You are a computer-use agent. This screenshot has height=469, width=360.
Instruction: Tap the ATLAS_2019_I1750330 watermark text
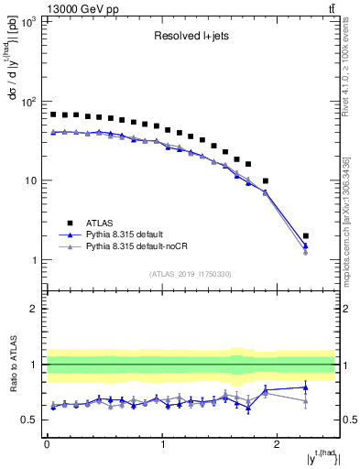click(190, 274)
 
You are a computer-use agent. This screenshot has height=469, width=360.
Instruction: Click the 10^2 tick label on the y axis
click(27, 101)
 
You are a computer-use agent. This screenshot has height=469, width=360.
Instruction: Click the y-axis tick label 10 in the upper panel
click(30, 180)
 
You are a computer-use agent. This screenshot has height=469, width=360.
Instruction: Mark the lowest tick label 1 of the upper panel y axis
click(34, 260)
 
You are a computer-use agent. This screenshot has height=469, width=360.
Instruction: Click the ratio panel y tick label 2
click(34, 309)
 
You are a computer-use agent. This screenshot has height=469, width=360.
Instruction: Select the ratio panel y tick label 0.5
click(29, 420)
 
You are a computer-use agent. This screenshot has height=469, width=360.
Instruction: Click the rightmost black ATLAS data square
click(306, 236)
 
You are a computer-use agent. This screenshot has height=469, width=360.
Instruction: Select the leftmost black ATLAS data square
click(53, 115)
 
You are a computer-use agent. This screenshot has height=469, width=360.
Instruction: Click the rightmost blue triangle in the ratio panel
click(306, 387)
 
